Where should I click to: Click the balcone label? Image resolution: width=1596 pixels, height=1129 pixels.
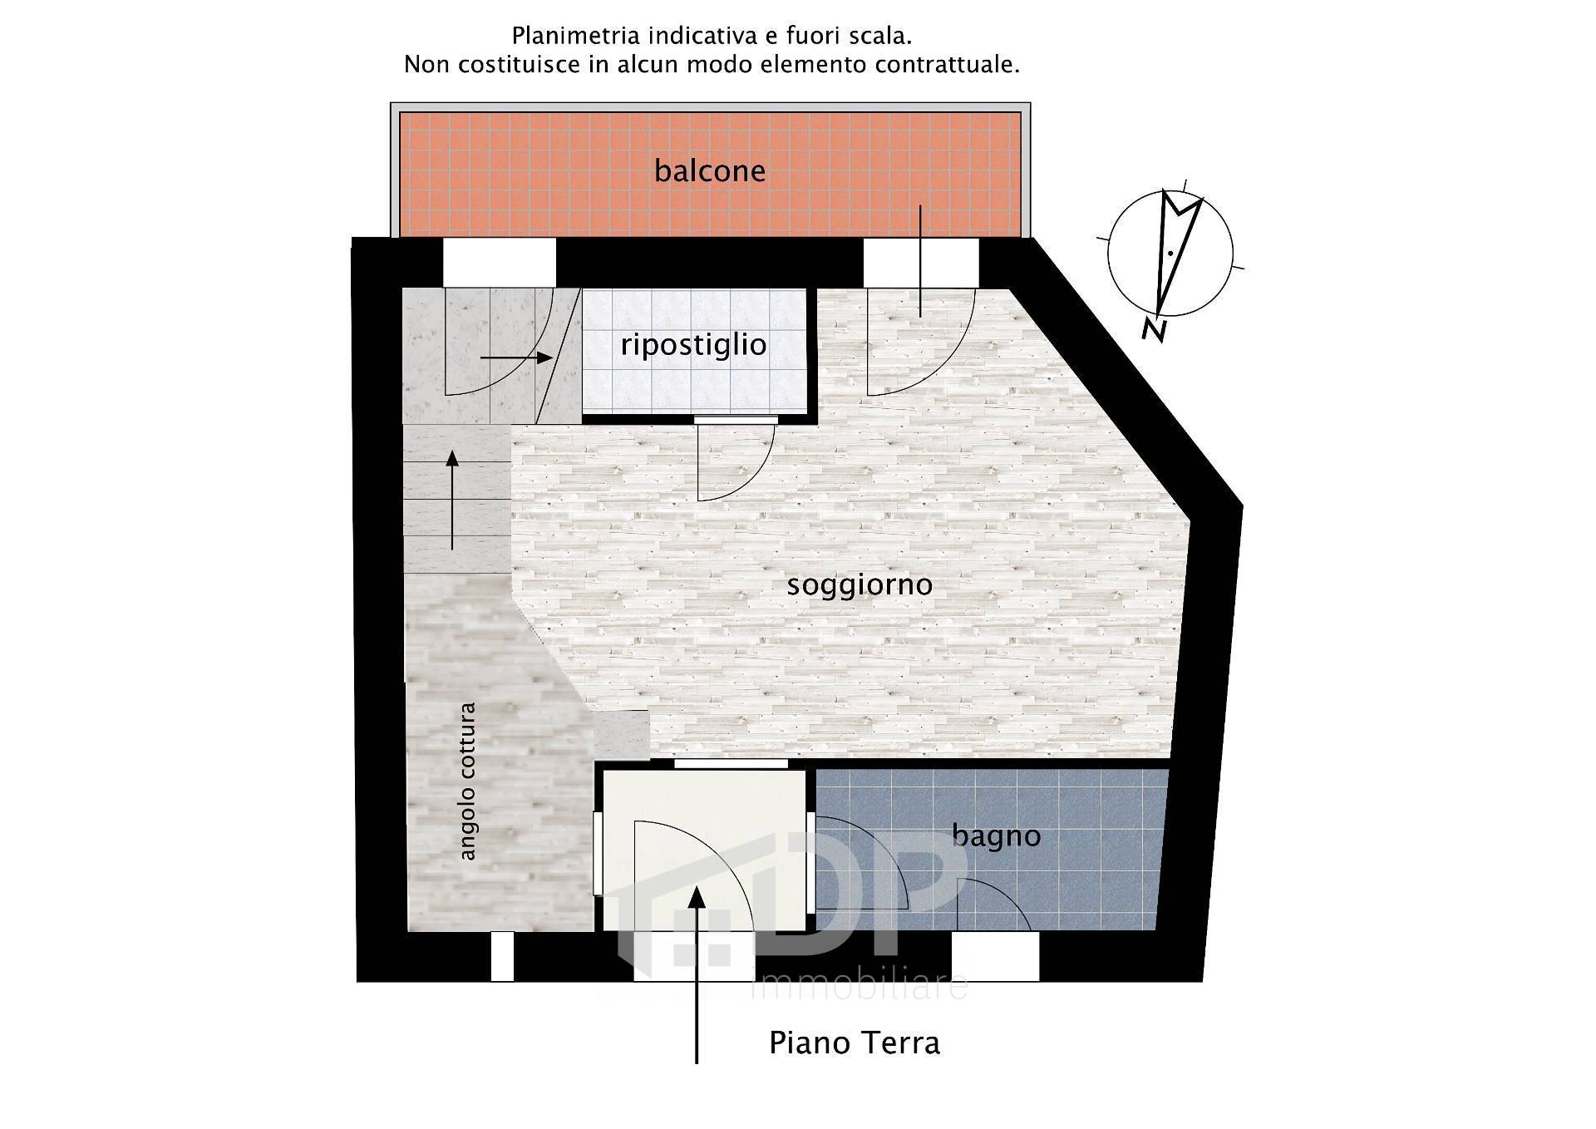(709, 171)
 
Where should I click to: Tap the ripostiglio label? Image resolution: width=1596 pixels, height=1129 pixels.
(693, 345)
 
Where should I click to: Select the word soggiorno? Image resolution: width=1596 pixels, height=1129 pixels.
(860, 584)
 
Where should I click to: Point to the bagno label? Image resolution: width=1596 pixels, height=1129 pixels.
(996, 836)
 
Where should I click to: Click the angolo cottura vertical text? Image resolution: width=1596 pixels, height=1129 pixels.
(468, 781)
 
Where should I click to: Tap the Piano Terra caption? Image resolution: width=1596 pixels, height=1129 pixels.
(854, 1043)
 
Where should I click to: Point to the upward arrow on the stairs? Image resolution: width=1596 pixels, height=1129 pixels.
(452, 499)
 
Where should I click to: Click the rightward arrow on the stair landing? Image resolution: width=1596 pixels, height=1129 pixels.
(517, 357)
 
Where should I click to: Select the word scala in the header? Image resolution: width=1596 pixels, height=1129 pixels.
(879, 37)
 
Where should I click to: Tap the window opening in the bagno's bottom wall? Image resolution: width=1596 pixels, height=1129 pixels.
(995, 956)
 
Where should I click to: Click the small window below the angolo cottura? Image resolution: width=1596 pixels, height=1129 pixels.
(502, 956)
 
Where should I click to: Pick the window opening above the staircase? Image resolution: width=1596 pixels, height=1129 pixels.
(499, 262)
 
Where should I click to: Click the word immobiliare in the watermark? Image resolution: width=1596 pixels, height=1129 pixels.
(860, 987)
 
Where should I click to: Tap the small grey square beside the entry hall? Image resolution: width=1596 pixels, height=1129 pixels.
(622, 735)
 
